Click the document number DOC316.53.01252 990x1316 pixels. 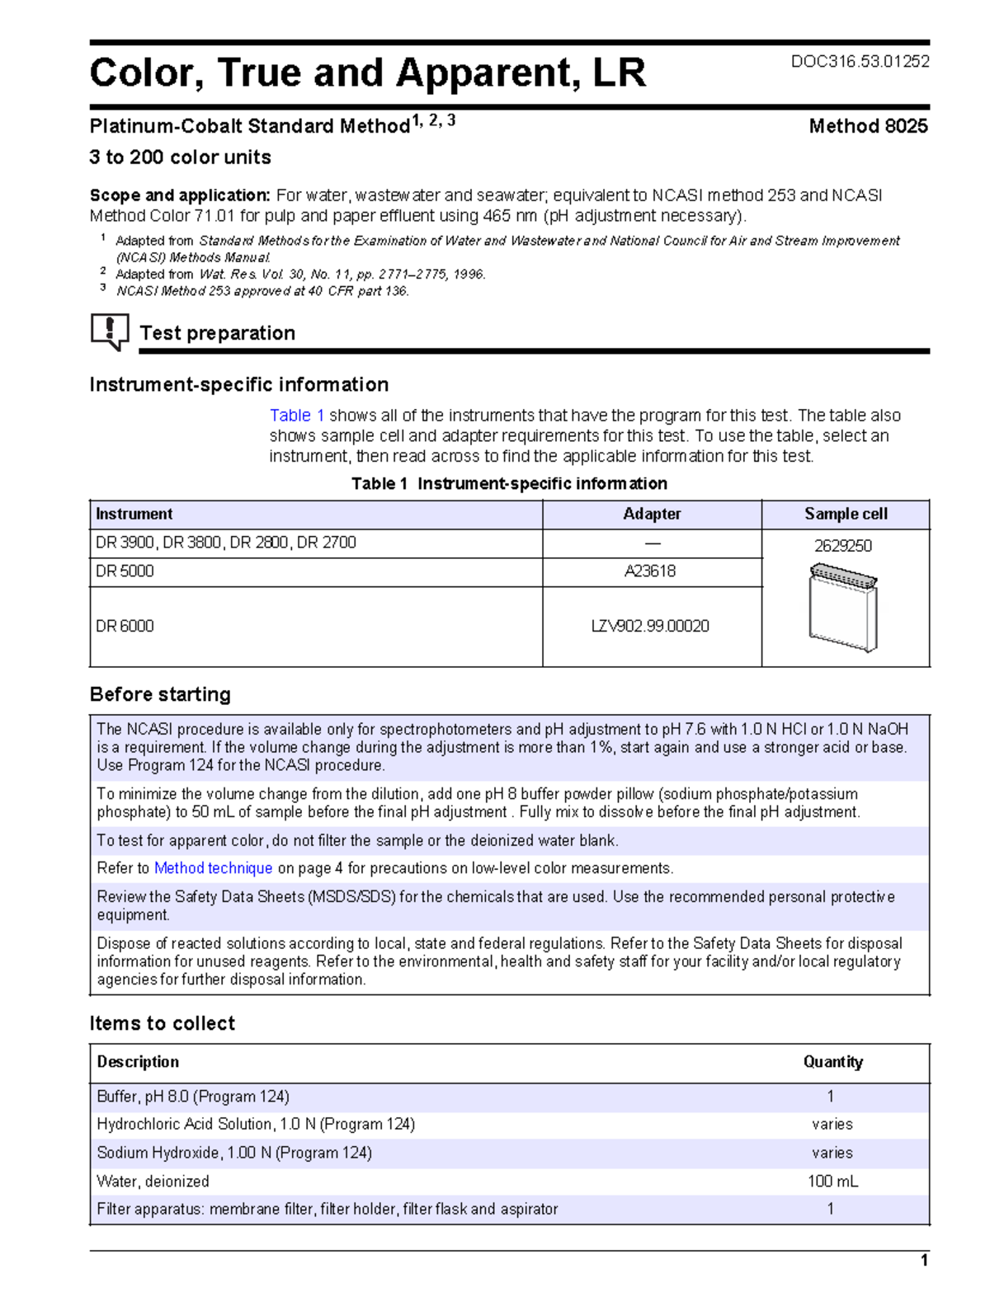tap(860, 62)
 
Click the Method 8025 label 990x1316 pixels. tap(868, 126)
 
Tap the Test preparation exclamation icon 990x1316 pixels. tap(110, 331)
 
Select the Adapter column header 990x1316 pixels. tap(652, 514)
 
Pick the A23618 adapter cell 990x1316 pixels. tap(650, 571)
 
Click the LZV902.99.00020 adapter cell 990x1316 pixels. tap(650, 626)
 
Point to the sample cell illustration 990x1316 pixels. tap(843, 608)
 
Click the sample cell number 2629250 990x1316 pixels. tap(843, 546)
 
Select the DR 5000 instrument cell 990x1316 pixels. tap(125, 571)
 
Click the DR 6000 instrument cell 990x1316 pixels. tap(125, 626)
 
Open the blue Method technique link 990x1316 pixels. tap(213, 868)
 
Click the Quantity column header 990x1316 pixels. tap(832, 1062)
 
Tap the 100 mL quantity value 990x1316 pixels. tap(832, 1182)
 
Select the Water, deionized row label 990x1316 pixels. tap(153, 1182)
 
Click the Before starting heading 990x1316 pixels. tap(160, 694)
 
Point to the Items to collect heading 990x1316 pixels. tap(163, 1023)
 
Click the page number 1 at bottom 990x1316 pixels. tap(924, 1261)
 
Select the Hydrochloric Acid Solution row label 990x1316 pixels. tap(256, 1125)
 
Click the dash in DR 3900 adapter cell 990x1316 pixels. tap(652, 543)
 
